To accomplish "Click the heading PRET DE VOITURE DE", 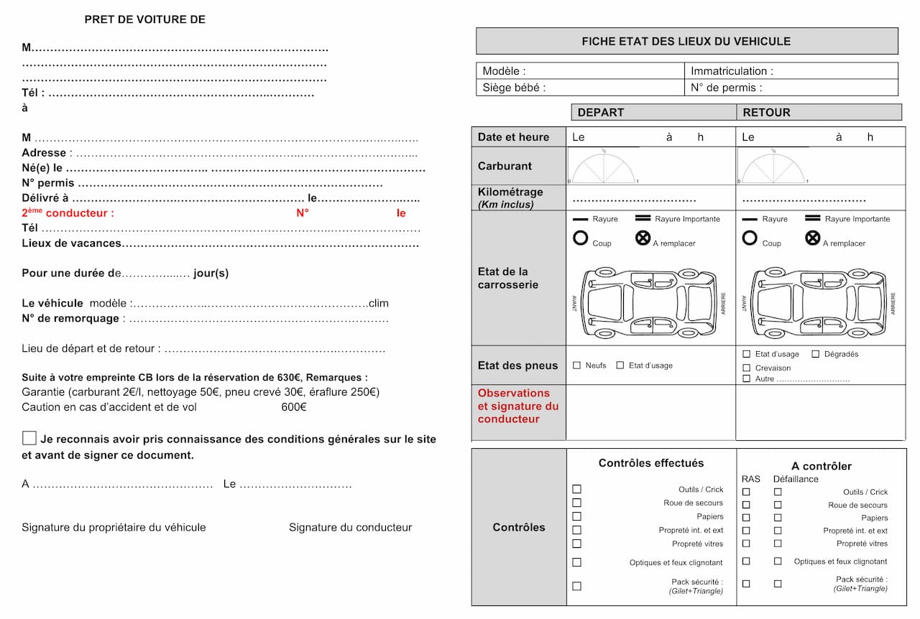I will coord(144,19).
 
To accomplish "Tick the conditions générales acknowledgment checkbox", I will coord(29,438).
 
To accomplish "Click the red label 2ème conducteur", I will coord(68,213).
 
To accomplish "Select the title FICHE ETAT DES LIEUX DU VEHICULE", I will coord(686,41).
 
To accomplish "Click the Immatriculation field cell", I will coord(791,71).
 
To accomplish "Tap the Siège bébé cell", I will coord(579,88).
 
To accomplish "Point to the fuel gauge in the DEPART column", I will coord(604,167).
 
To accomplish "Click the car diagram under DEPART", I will coord(646,303).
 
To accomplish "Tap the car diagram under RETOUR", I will coord(816,303).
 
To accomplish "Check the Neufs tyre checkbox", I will coord(576,366).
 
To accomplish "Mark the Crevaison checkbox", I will coord(747,368).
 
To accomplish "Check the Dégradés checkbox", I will coord(816,354).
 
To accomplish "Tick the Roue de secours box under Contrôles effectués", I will coord(576,503).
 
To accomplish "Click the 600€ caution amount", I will coord(294,407).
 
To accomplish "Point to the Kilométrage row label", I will coord(510,197).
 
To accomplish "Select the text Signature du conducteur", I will coord(350,527).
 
